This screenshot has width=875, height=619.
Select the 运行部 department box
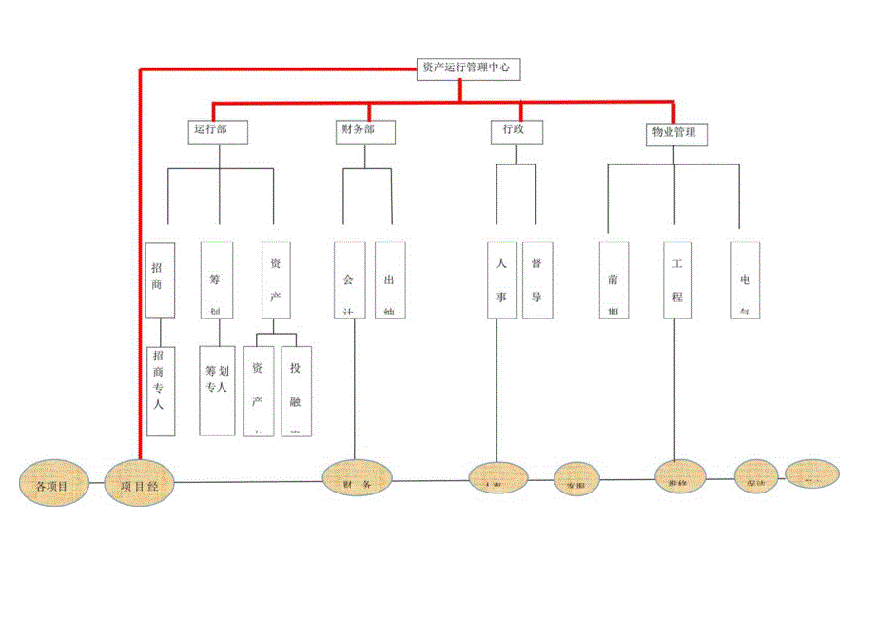point(218,130)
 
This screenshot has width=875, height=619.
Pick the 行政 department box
point(515,130)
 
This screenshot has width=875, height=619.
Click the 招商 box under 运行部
point(160,279)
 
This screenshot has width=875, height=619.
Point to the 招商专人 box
point(160,390)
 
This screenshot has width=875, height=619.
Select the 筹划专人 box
point(217,390)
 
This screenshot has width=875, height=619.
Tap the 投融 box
point(298,390)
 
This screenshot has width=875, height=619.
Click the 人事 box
point(502,280)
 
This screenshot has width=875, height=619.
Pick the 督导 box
point(537,280)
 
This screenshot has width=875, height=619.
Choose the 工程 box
point(677,280)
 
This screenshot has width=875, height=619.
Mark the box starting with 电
point(745,280)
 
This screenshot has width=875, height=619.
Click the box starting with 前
point(613,280)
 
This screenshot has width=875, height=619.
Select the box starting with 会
point(349,280)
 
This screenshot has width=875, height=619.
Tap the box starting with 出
point(390,280)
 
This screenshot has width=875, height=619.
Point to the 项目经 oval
point(140,483)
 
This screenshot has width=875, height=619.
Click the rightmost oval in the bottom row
point(810,475)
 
